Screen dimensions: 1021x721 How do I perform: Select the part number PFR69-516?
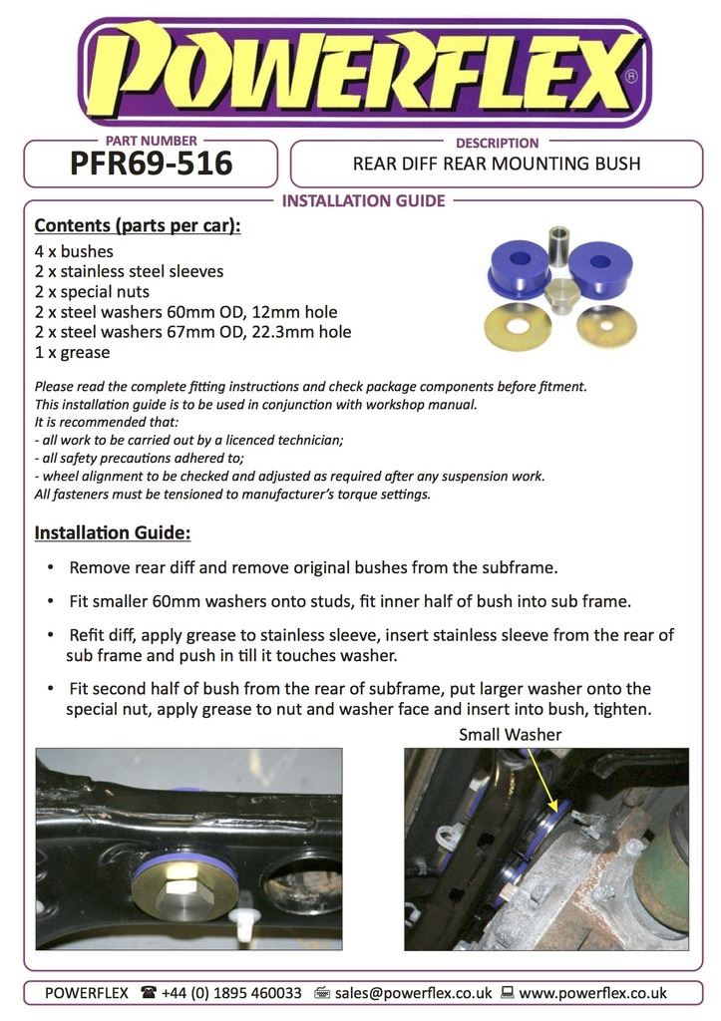click(151, 163)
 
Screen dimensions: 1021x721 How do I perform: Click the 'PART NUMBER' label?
click(151, 142)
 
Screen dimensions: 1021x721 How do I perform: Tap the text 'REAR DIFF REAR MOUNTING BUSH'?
click(497, 164)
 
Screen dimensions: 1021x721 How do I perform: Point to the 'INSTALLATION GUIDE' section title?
click(363, 201)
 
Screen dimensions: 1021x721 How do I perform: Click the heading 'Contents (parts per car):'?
click(138, 225)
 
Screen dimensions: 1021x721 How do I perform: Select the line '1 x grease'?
click(72, 352)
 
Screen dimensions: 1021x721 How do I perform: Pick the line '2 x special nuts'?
click(92, 292)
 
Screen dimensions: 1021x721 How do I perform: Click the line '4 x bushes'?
click(74, 251)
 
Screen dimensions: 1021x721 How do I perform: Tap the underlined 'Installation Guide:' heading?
click(113, 532)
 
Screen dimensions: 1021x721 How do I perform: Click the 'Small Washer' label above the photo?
click(510, 735)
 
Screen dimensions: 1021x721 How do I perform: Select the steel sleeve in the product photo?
click(559, 243)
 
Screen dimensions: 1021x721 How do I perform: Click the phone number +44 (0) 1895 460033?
click(231, 993)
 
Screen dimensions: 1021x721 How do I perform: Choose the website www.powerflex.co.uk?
click(592, 993)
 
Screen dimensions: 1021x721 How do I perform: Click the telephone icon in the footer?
click(149, 993)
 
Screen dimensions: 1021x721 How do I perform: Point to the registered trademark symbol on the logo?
click(629, 76)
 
